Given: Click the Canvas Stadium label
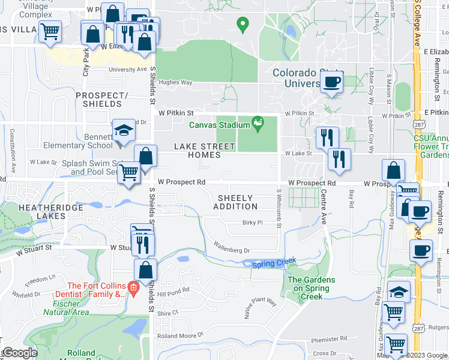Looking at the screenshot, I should tap(219, 125).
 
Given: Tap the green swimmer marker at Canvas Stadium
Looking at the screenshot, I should tap(258, 124).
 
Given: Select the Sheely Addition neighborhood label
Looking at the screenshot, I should tap(237, 202).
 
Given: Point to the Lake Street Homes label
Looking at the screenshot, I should tap(197, 151).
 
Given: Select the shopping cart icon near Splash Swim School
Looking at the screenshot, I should tap(129, 172).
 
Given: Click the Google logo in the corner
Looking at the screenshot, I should tap(20, 353).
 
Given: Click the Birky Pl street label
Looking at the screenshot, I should tap(253, 223).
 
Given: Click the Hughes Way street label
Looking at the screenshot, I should tap(175, 83).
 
